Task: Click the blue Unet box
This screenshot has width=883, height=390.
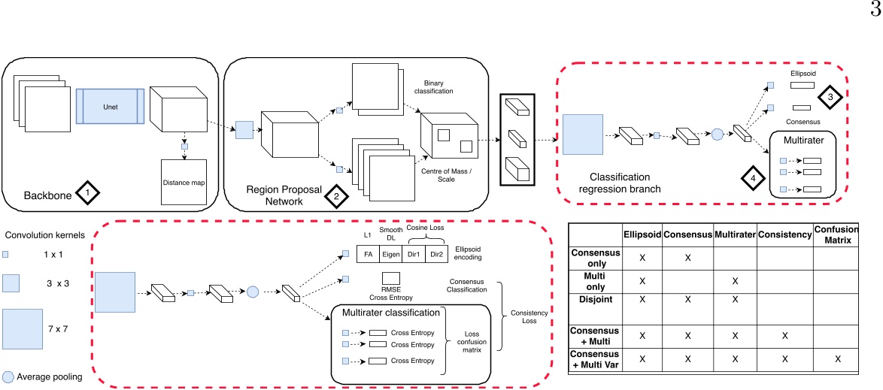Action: (109, 107)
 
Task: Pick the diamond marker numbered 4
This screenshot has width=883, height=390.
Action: (752, 178)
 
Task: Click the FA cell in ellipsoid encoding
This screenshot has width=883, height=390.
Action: (369, 254)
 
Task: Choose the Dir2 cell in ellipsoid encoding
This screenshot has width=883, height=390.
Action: (435, 254)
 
